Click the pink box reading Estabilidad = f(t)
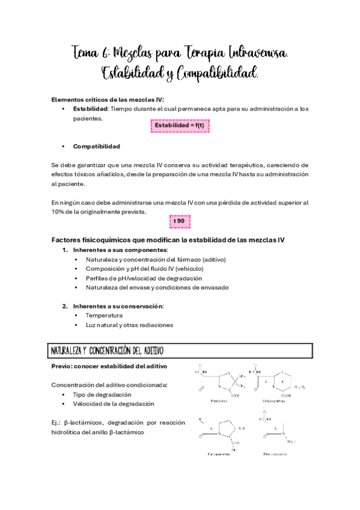click(x=179, y=125)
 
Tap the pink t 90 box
click(x=179, y=221)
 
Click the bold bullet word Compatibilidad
click(x=96, y=146)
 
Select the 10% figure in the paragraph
click(x=59, y=212)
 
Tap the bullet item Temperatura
click(x=104, y=315)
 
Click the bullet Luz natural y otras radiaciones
click(x=129, y=325)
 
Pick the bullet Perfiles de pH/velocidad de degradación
click(x=144, y=278)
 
